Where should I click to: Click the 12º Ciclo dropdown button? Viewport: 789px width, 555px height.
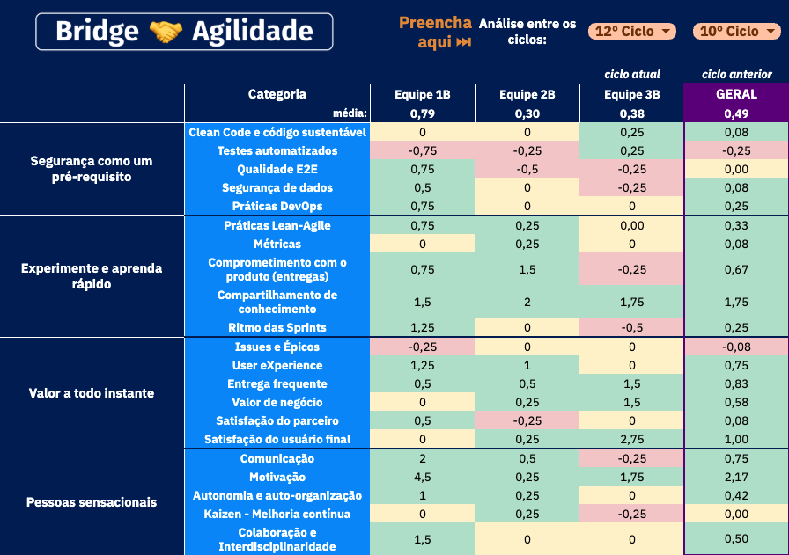(631, 32)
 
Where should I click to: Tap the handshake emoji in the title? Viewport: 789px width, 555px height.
(166, 33)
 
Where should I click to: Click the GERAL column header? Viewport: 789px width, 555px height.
(736, 94)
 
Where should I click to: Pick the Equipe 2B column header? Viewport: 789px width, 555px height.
(527, 94)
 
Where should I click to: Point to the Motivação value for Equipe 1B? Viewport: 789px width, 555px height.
(422, 477)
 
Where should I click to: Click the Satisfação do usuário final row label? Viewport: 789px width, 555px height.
(277, 439)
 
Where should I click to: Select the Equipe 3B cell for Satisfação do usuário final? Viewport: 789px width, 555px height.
(632, 439)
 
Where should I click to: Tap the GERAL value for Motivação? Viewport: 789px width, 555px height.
(736, 477)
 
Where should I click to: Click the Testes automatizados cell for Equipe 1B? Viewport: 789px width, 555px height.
(422, 150)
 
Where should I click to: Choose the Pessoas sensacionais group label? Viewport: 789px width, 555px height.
(92, 502)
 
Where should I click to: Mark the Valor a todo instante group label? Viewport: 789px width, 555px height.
(92, 393)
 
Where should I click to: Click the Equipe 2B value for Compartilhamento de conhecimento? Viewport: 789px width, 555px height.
(527, 302)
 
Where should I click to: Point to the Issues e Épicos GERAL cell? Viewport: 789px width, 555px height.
(736, 347)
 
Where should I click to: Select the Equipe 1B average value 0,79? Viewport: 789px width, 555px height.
(422, 113)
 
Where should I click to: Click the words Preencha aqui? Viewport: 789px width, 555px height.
(435, 32)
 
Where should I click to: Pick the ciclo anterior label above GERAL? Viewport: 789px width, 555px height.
(737, 74)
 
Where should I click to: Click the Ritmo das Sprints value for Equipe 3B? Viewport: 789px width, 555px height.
(632, 327)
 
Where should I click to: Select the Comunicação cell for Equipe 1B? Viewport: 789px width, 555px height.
(422, 458)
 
